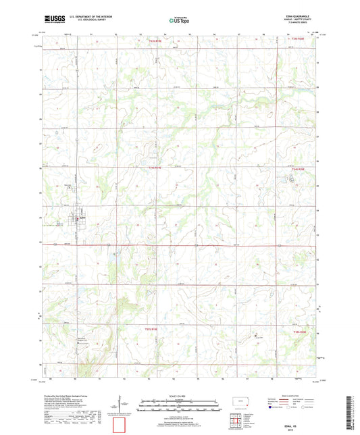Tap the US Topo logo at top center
178,21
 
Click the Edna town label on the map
82,217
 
